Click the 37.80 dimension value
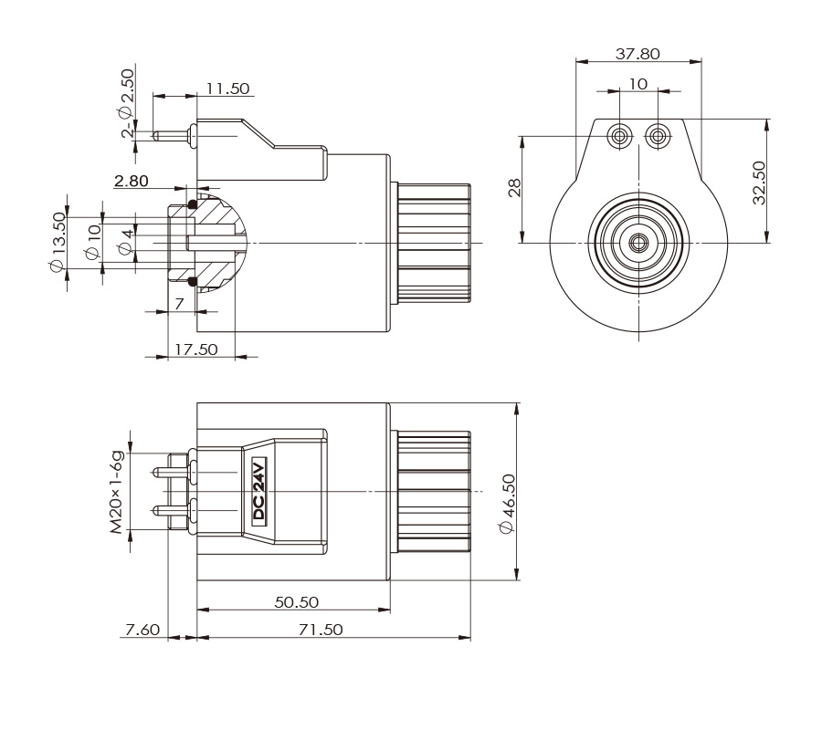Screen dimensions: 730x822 [x=637, y=54]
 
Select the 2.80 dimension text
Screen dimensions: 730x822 [x=131, y=182]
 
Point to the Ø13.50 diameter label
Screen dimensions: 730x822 [x=58, y=242]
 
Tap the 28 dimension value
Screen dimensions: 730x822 [x=514, y=188]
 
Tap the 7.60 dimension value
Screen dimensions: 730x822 [x=142, y=630]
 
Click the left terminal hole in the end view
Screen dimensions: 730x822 [x=620, y=137]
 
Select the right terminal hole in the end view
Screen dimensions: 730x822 [x=656, y=137]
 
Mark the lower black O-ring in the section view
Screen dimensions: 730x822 [x=193, y=279]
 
